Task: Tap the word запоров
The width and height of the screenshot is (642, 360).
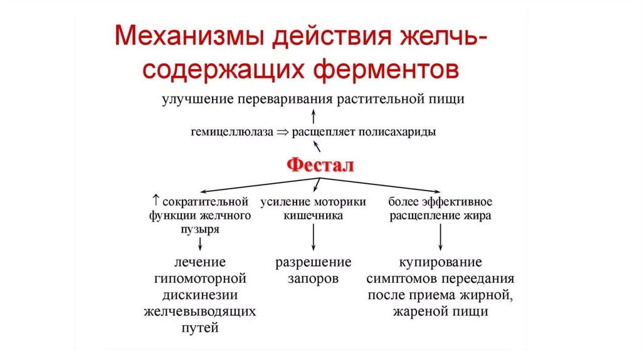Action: pyautogui.click(x=313, y=278)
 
